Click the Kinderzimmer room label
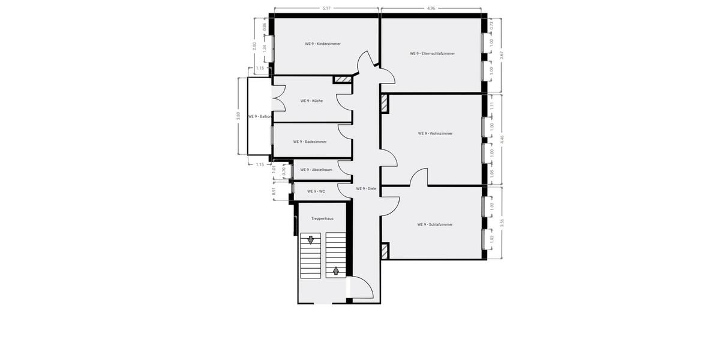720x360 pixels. pos(322,44)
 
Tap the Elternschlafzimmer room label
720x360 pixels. pos(432,53)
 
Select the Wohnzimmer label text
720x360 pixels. pos(435,133)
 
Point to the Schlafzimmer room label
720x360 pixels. pos(434,224)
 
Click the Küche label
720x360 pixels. pos(311,101)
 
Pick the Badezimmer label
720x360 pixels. pos(310,142)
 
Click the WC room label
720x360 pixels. pos(316,191)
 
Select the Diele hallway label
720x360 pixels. pos(365,188)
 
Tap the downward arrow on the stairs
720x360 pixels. pos(311,241)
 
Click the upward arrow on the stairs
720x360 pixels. pos(336,270)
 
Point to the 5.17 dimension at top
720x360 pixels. pos(326,8)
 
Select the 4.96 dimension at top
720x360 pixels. pos(431,8)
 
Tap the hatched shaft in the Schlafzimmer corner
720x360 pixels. pos(385,250)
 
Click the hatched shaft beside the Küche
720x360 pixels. pos(342,79)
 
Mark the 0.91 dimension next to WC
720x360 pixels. pos(274,192)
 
